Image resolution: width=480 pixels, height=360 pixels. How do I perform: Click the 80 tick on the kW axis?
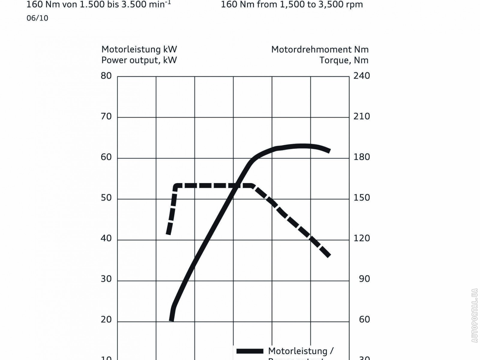click(x=106, y=76)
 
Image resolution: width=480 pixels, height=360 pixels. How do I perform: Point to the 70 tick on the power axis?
click(x=106, y=116)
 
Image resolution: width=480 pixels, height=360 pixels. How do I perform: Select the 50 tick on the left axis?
click(x=106, y=198)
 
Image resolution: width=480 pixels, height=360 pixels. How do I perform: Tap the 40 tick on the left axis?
click(x=106, y=238)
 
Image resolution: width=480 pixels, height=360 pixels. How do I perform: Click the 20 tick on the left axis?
click(x=106, y=320)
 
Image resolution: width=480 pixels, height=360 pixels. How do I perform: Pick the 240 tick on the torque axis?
click(x=362, y=76)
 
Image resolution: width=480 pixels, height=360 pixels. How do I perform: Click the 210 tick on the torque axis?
click(x=362, y=116)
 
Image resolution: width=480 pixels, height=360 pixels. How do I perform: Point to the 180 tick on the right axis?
click(x=362, y=157)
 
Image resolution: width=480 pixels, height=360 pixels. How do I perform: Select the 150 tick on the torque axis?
click(x=362, y=198)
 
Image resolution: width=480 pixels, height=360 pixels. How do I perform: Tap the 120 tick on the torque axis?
click(x=362, y=238)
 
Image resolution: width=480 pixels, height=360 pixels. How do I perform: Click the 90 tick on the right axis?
click(x=364, y=279)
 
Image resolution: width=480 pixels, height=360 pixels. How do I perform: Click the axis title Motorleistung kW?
click(x=139, y=49)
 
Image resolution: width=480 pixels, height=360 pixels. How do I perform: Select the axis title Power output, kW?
click(x=139, y=60)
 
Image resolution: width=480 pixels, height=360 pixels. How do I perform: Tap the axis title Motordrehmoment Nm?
click(x=320, y=49)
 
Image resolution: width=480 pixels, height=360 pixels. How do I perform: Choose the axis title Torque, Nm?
click(x=344, y=60)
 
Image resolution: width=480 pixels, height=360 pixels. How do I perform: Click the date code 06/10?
click(x=37, y=18)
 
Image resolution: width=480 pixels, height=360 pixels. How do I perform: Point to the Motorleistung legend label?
click(x=301, y=351)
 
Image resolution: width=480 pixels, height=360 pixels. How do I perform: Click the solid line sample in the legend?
click(x=250, y=351)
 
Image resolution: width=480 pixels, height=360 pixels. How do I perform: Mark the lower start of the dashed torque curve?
click(x=169, y=233)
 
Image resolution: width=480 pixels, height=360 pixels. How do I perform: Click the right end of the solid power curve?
click(x=329, y=151)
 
